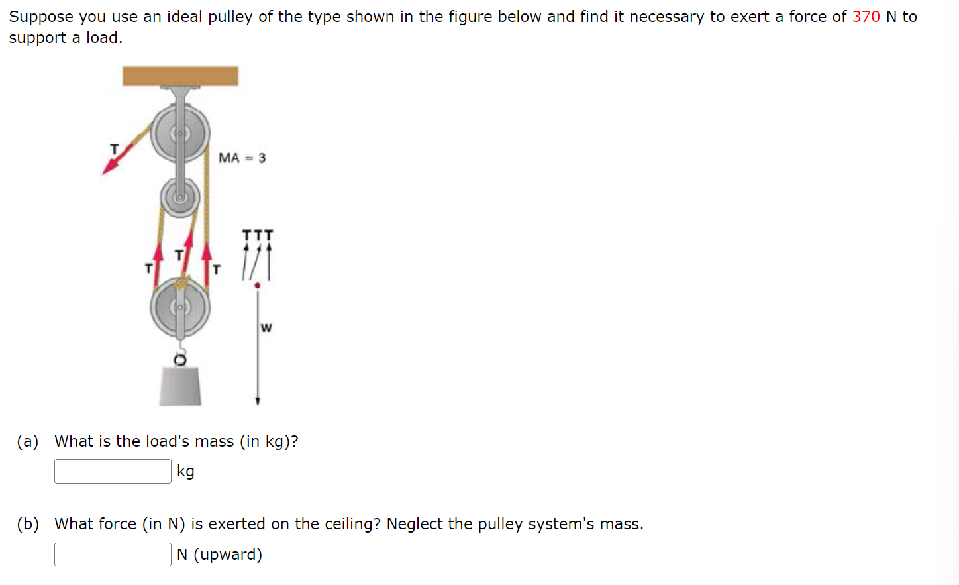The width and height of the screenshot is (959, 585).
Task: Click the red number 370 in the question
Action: coord(866,17)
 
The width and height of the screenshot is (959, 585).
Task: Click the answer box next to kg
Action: coord(113,472)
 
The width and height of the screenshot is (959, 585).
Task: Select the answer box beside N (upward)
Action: coord(113,555)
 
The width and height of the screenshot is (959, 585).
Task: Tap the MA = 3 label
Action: coord(242,158)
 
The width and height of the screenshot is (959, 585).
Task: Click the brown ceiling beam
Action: coord(180,76)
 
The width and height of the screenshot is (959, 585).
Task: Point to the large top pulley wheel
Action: coord(179,134)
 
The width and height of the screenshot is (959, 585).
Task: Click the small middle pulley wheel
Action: coord(179,197)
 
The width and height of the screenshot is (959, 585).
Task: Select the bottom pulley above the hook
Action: coord(179,308)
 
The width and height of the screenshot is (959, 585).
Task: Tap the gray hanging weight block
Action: coord(180,386)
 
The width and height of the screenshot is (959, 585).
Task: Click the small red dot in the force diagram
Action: coord(258,286)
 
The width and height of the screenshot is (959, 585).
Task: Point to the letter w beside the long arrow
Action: coord(266,327)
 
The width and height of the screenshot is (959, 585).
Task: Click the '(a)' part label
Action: coord(28,441)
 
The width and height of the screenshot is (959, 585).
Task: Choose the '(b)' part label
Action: coord(28,524)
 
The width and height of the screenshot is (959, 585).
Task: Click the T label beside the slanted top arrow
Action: coord(114,149)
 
